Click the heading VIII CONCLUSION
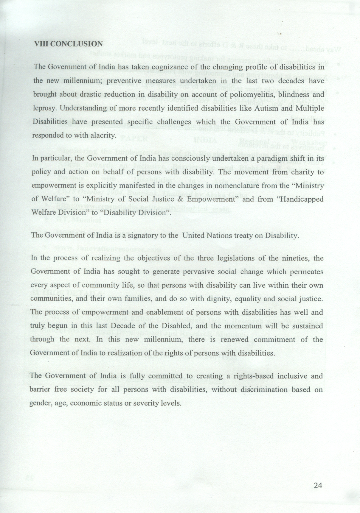(x=68, y=44)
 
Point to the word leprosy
(x=44, y=108)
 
